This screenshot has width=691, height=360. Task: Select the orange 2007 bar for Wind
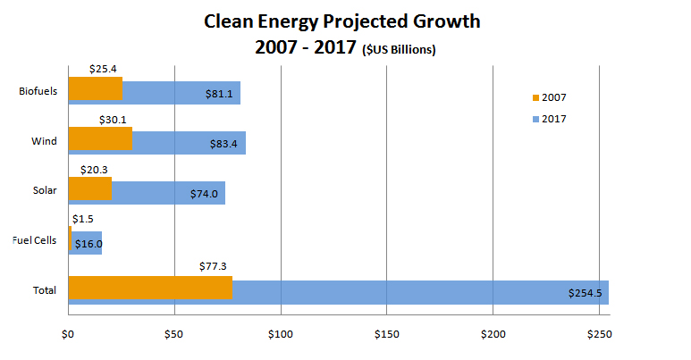[x=100, y=138]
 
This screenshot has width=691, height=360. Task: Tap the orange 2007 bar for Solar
[x=90, y=188]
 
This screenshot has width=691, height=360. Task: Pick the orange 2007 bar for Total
[x=150, y=288]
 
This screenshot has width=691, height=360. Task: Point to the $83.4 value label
[x=222, y=144]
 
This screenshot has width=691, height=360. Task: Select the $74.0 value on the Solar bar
[x=204, y=194]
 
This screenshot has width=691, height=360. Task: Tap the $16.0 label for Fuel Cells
[x=88, y=244]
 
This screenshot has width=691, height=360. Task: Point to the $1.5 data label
[x=82, y=218]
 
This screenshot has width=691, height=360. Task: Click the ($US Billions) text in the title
[x=399, y=51]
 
